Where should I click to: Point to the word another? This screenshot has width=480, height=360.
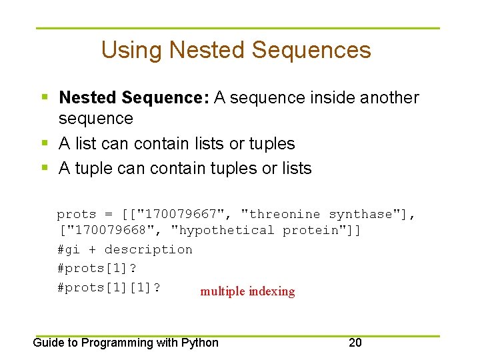tap(389, 98)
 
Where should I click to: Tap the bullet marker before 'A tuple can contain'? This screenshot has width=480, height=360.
tap(45, 169)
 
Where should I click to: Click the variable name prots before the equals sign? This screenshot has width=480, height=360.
tap(77, 214)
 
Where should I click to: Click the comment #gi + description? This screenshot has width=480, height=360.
tap(125, 249)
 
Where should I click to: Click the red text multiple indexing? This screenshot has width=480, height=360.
tap(247, 291)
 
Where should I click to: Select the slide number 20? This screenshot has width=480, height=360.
tap(355, 343)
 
